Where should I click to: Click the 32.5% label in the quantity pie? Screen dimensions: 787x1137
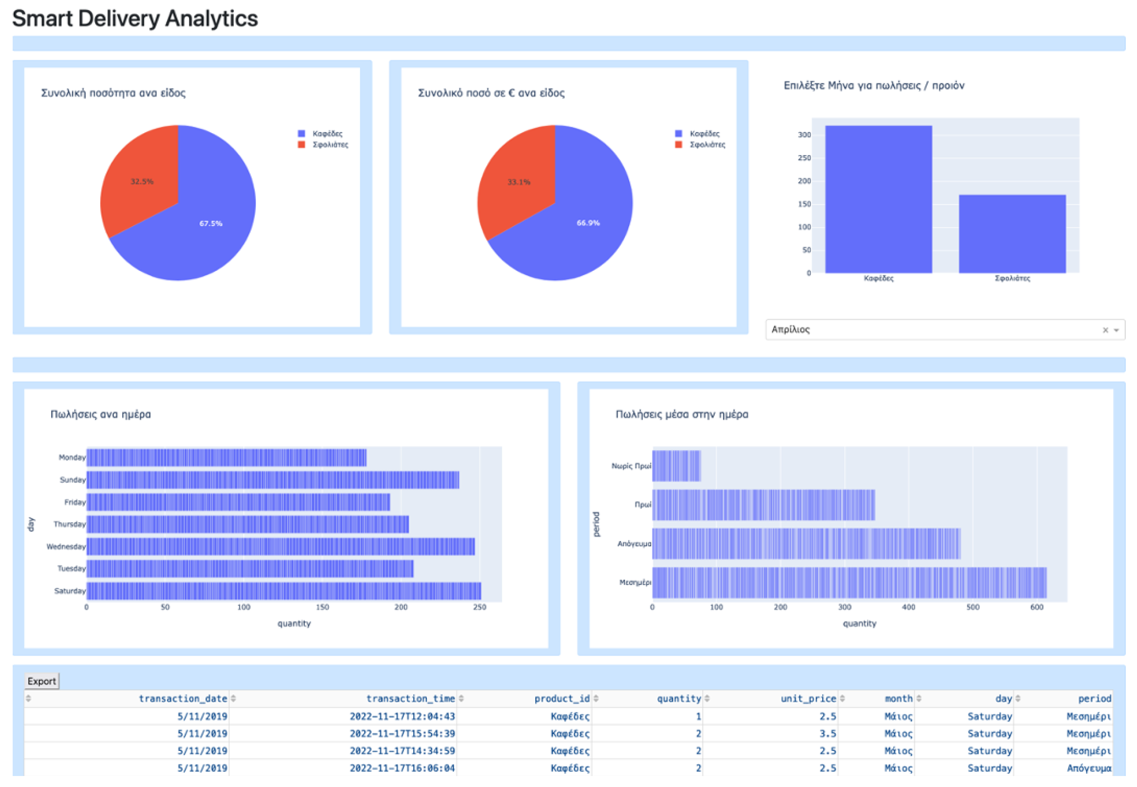141,182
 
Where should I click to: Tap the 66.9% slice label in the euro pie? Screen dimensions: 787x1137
588,223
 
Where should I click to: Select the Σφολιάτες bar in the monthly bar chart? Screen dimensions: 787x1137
1012,234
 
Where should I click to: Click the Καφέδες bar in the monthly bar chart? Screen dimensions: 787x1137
878,199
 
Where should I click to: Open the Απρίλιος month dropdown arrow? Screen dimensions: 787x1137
1116,330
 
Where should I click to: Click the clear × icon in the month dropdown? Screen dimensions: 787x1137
1105,330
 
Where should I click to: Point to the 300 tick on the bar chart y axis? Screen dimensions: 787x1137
804,135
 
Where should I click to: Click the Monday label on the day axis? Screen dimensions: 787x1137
72,457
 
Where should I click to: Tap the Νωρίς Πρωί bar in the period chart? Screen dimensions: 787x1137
676,465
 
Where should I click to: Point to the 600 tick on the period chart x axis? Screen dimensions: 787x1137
1036,607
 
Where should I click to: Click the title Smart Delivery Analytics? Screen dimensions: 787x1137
135,18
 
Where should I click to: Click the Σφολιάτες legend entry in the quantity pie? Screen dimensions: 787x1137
329,145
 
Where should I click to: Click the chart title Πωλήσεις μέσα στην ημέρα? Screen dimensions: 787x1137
681,414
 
